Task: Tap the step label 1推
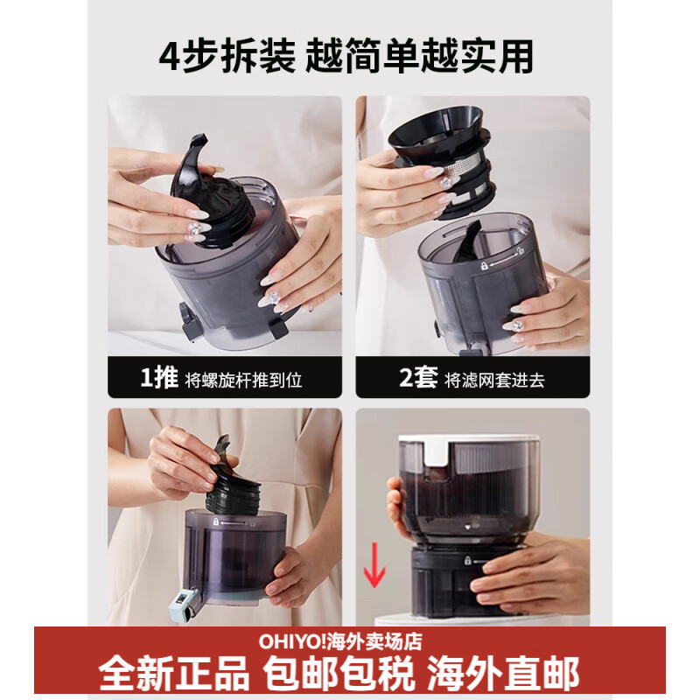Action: [160, 379]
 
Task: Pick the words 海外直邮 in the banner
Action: [502, 675]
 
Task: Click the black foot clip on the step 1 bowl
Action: [186, 318]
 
